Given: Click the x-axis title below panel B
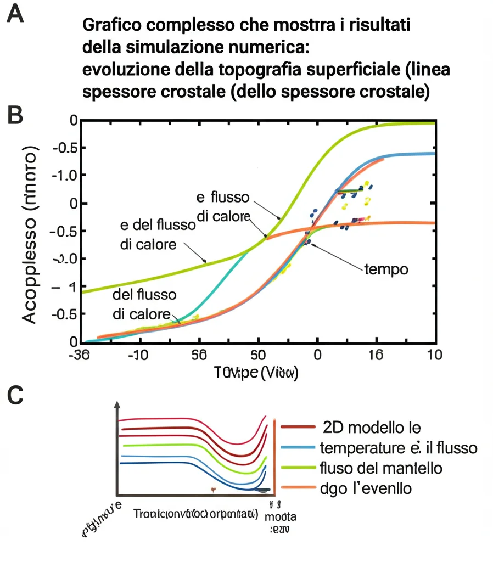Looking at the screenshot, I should click(257, 373).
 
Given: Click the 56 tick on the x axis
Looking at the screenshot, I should click(199, 355).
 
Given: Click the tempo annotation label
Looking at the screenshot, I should click(386, 270).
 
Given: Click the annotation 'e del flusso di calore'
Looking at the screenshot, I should click(157, 234).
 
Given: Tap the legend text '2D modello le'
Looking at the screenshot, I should click(372, 427).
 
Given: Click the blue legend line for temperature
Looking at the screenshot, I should click(298, 448).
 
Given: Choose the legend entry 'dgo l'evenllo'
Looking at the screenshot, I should click(365, 488).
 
